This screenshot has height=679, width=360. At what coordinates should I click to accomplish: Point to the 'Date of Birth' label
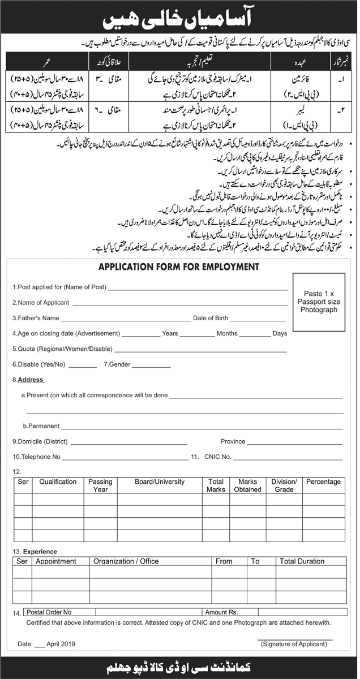click(210, 318)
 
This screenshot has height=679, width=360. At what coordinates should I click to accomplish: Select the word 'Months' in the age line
click(226, 333)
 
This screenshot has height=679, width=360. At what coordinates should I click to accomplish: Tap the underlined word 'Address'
click(31, 380)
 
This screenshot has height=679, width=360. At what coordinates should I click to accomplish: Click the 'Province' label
click(233, 441)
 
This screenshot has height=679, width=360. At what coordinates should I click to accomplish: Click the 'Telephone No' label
click(36, 456)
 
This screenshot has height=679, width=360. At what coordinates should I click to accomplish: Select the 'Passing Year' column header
click(100, 485)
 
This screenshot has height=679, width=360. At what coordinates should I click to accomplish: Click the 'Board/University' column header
click(160, 482)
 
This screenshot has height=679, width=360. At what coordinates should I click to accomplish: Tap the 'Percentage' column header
click(323, 482)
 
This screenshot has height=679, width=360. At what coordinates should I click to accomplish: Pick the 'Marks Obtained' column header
click(248, 485)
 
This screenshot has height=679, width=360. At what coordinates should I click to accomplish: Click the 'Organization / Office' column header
click(126, 561)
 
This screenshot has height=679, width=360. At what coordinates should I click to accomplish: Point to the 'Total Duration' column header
click(302, 561)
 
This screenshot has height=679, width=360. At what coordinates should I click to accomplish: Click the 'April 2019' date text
click(62, 644)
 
